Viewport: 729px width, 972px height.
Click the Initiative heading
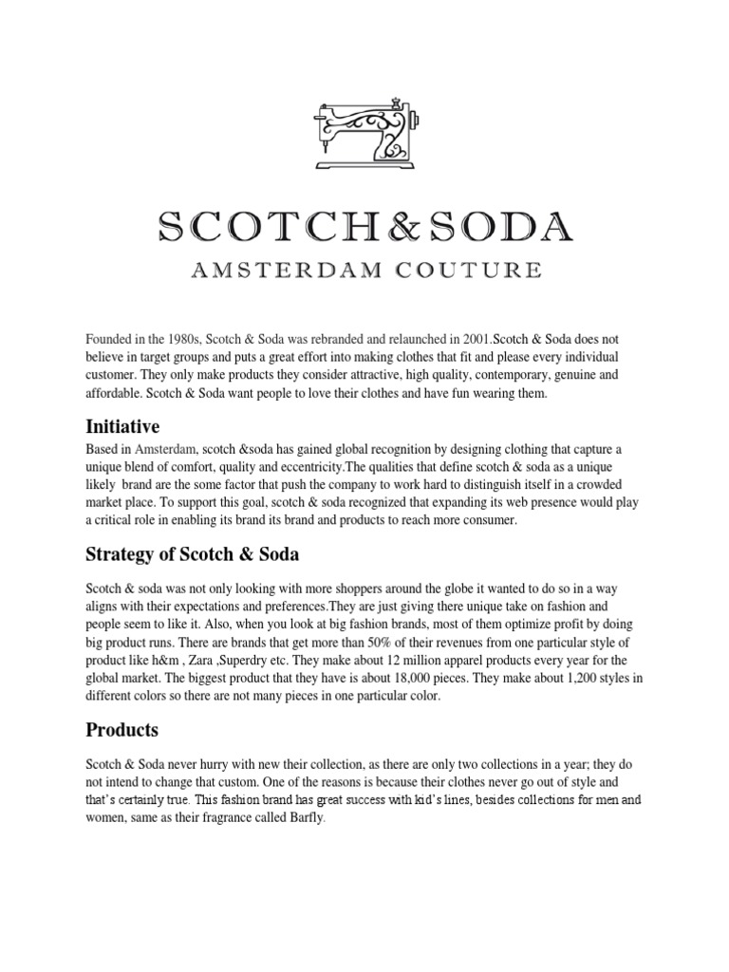click(x=122, y=427)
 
